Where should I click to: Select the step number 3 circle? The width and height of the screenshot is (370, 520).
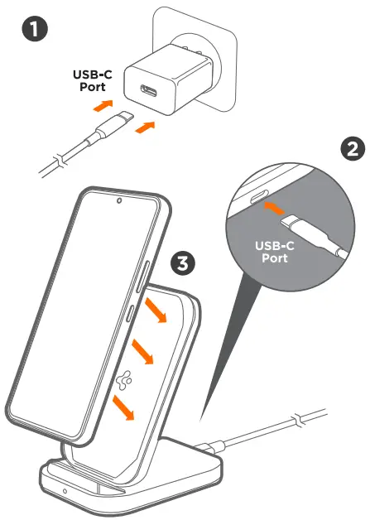point(182,264)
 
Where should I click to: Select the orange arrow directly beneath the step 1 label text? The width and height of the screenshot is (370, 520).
point(102,106)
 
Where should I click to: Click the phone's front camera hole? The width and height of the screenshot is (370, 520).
point(119,200)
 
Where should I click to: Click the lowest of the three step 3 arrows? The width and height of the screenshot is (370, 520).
point(124,406)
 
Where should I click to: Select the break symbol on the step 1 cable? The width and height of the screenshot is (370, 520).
point(55,158)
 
